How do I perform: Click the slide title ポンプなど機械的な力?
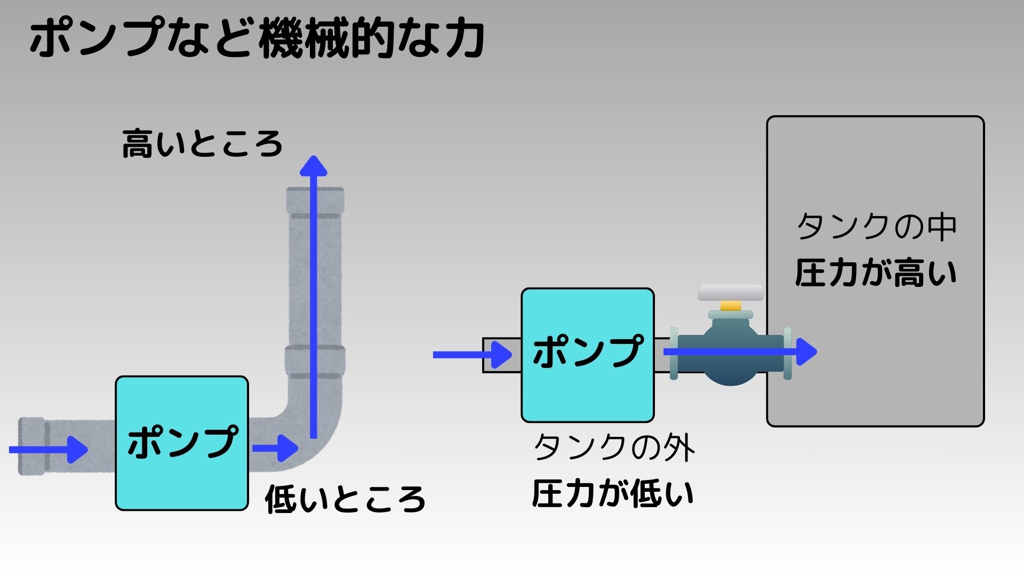(257, 38)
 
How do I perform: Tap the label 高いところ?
(202, 144)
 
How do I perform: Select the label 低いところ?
(345, 499)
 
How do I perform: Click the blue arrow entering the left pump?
(48, 450)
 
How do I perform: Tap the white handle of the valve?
(730, 292)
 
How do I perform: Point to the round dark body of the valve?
(731, 368)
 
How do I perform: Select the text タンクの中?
(876, 227)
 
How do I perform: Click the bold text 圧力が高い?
(876, 273)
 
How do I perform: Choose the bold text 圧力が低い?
(613, 493)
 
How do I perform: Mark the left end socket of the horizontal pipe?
(31, 446)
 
